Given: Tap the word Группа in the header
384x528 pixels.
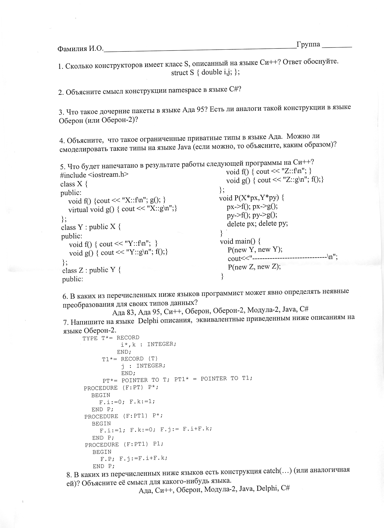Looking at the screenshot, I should coord(308,45).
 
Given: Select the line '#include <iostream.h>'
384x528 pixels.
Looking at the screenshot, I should coord(94,175).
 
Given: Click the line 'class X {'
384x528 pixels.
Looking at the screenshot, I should coord(74,184).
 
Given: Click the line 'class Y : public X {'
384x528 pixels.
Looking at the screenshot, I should coord(91,227).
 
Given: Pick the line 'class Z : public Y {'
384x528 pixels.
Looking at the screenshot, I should coord(92,270).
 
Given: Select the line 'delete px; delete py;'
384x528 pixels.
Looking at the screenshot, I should coord(257,224).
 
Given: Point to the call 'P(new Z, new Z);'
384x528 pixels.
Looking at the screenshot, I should coord(254,267).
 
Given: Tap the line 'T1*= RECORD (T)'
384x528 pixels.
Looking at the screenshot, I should coord(130,359).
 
